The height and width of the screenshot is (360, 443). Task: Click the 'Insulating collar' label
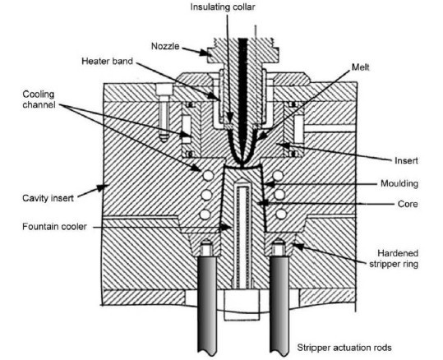pyautogui.click(x=223, y=7)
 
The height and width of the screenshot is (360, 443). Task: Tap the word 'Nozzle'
pyautogui.click(x=165, y=46)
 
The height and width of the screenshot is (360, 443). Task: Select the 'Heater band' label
pyautogui.click(x=107, y=61)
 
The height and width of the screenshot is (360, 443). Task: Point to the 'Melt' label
pyautogui.click(x=361, y=67)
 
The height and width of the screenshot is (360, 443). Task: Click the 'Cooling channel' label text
pyautogui.click(x=39, y=99)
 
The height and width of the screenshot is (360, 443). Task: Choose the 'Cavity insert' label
pyautogui.click(x=48, y=198)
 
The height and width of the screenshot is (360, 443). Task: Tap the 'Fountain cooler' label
pyautogui.click(x=54, y=227)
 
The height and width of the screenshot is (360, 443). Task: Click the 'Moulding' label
pyautogui.click(x=399, y=183)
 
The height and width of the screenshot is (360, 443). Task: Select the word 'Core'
pyautogui.click(x=408, y=204)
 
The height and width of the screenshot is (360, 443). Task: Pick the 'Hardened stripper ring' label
pyautogui.click(x=394, y=258)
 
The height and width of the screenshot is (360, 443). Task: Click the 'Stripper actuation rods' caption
pyautogui.click(x=344, y=348)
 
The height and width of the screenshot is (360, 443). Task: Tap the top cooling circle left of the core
pyautogui.click(x=208, y=176)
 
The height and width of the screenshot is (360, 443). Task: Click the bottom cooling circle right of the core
pyautogui.click(x=281, y=214)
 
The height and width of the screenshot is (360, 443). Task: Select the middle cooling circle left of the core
pyautogui.click(x=206, y=195)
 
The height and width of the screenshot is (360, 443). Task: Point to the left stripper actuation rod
pyautogui.click(x=207, y=305)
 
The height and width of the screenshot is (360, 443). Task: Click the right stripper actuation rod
pyautogui.click(x=279, y=305)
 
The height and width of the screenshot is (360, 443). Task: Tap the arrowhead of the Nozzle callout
pyautogui.click(x=205, y=53)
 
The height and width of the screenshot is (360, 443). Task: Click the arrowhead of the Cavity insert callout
pyautogui.click(x=104, y=187)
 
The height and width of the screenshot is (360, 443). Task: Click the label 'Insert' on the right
pyautogui.click(x=406, y=161)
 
